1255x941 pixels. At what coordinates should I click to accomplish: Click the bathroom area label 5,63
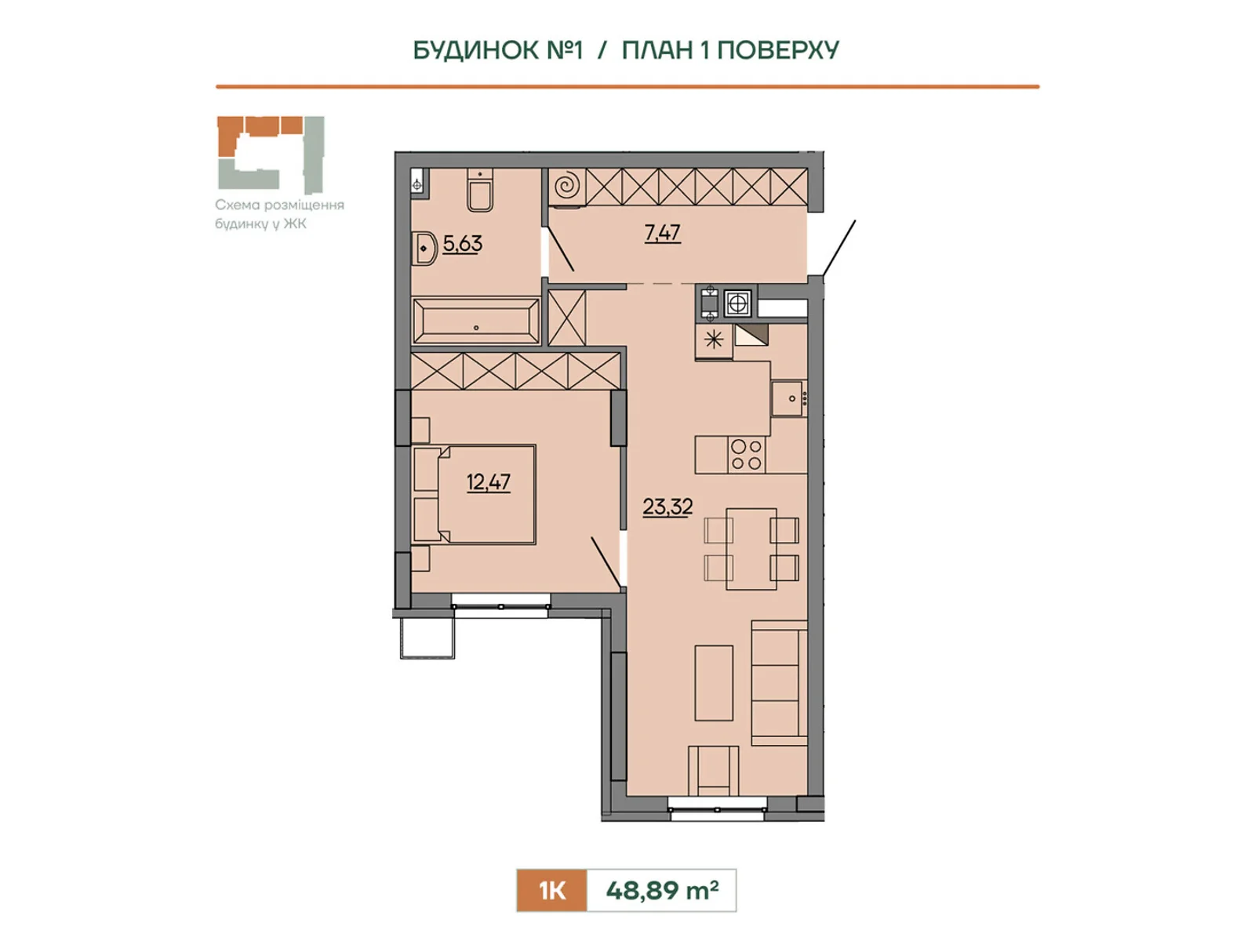click(462, 244)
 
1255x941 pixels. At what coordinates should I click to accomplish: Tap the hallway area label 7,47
click(662, 233)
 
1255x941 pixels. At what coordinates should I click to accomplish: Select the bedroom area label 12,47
click(489, 482)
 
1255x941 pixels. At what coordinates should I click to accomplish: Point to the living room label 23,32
click(668, 507)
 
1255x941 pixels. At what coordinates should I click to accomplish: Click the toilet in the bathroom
click(480, 190)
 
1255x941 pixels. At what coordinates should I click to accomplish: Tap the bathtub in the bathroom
click(475, 321)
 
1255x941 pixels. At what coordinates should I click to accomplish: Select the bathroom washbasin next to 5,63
click(424, 249)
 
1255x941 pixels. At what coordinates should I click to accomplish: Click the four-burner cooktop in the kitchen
click(747, 455)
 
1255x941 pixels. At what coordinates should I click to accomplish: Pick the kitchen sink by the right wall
click(788, 398)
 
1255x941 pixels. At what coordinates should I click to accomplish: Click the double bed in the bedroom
click(474, 494)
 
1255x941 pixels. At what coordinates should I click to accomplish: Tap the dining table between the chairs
click(751, 548)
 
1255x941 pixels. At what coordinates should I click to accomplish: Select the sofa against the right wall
click(779, 682)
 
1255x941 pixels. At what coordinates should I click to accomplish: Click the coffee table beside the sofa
click(714, 683)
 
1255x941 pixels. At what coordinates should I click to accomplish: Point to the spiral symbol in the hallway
click(567, 187)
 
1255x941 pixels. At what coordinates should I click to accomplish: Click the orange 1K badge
click(551, 890)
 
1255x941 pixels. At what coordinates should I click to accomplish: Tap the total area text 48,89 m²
click(661, 890)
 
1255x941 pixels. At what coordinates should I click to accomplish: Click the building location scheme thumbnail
click(271, 154)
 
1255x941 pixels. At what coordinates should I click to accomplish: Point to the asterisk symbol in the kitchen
click(714, 341)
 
